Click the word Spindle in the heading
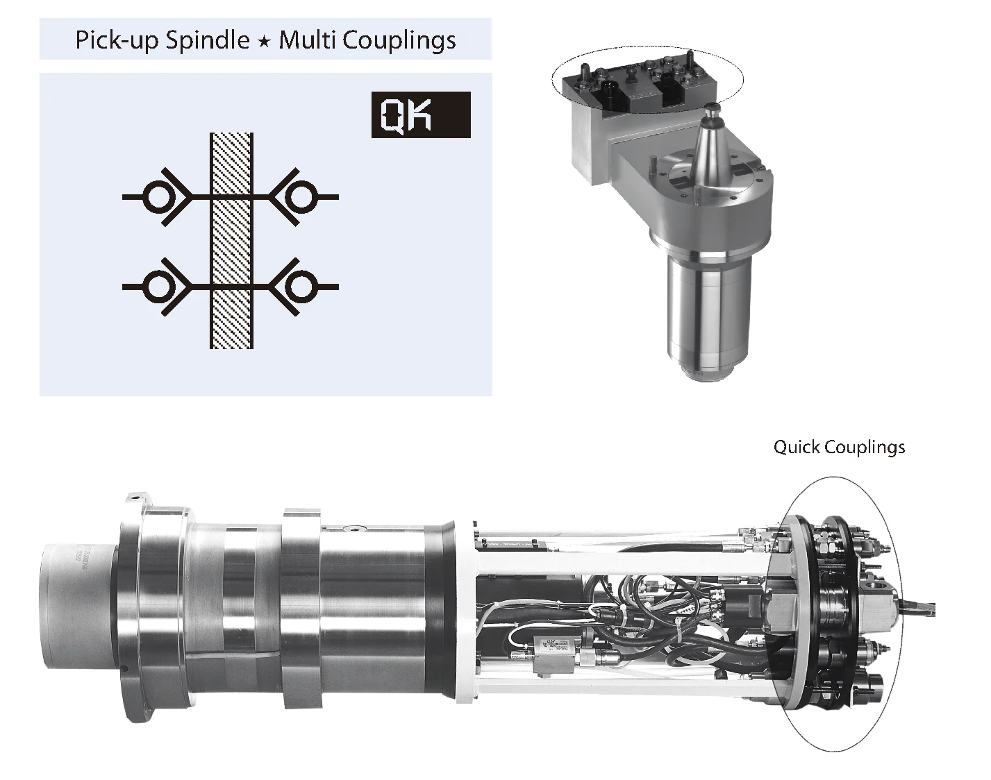[x=206, y=40]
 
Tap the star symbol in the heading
[x=263, y=42]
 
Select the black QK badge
[x=421, y=115]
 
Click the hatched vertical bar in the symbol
[x=231, y=240]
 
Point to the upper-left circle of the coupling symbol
[x=158, y=197]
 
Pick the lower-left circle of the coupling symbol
[x=158, y=286]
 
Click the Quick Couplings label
[x=839, y=447]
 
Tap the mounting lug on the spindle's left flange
[x=138, y=498]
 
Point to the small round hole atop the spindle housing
[x=357, y=529]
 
